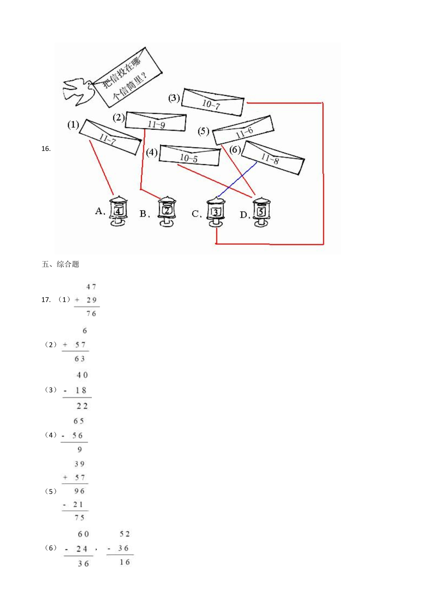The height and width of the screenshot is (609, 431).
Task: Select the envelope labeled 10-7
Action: point(213,102)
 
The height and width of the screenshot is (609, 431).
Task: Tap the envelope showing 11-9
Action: point(156,122)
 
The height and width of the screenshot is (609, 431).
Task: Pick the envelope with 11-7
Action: point(110,137)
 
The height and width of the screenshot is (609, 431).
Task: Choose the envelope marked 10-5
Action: point(190,155)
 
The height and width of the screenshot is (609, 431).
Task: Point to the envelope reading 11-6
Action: point(243,130)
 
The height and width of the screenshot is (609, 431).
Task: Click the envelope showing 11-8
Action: point(273,158)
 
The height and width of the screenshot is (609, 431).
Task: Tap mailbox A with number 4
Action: point(118,211)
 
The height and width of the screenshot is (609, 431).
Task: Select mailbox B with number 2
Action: point(167,211)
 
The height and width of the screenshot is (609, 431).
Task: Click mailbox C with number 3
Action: point(216,212)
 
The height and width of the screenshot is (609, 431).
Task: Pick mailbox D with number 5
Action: point(262,212)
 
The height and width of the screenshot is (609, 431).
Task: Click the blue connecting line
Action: point(238,179)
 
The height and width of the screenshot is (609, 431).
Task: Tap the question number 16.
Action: point(46,149)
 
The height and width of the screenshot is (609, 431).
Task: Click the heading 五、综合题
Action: point(61,264)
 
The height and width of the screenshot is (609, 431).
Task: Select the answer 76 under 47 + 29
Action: point(91,313)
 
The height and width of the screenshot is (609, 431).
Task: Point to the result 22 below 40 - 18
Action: point(82,406)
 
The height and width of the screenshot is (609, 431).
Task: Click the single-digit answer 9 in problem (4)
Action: point(80,450)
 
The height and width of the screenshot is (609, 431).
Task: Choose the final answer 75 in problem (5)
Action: point(80,518)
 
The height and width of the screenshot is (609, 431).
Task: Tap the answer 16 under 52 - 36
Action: point(125,562)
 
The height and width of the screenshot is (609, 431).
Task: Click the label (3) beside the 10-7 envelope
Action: point(174,98)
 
